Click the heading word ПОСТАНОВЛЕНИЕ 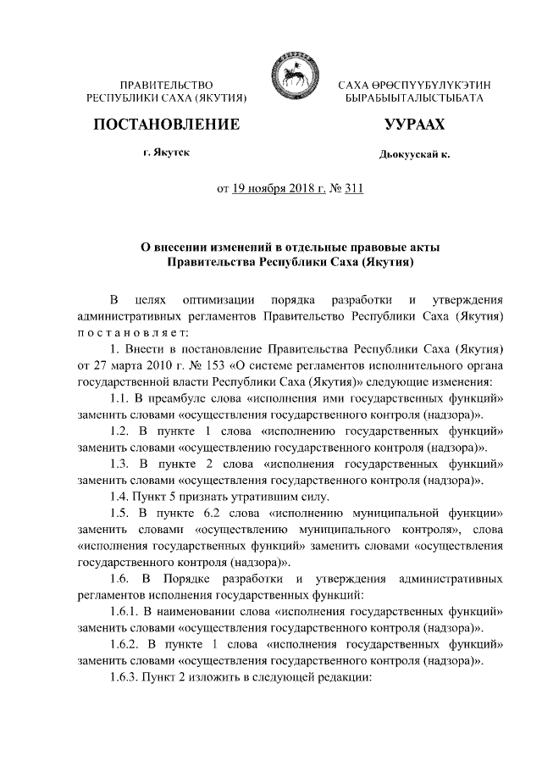click(x=166, y=125)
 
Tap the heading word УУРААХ click(x=414, y=125)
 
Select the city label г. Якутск click(x=166, y=153)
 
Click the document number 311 click(x=353, y=189)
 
